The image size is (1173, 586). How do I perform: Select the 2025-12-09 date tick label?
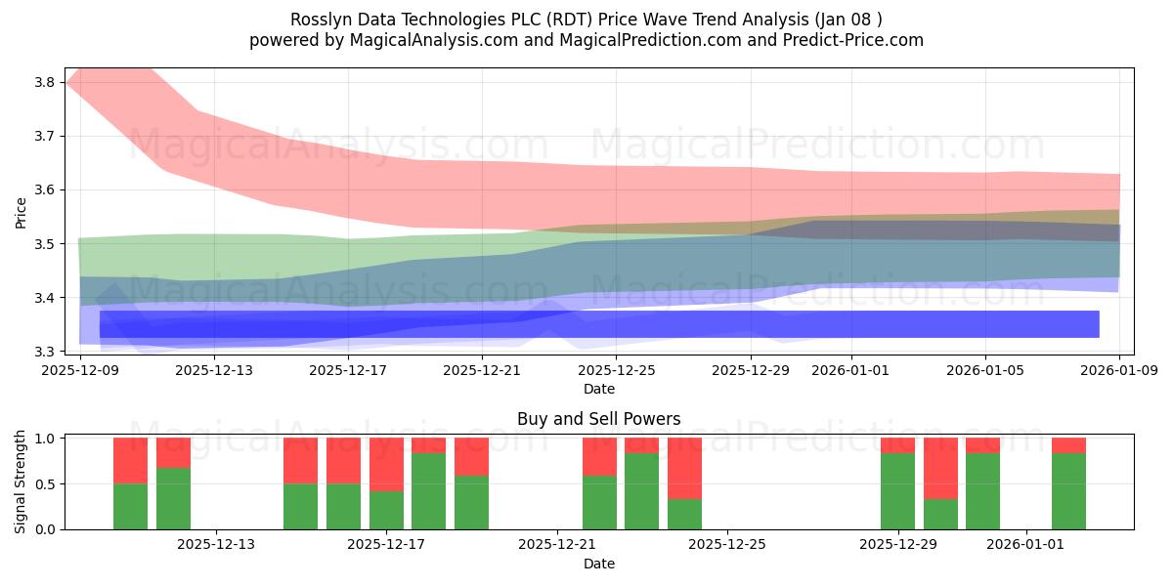tap(79, 370)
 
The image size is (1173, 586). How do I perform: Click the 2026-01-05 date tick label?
tap(984, 370)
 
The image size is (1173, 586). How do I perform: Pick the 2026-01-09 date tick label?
tap(1119, 370)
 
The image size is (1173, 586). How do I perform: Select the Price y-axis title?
tap(22, 212)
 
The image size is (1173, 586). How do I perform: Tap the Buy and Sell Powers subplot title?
tap(598, 419)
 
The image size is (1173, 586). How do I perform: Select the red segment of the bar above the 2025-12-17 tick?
tap(386, 464)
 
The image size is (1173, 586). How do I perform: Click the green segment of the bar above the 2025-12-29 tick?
tap(897, 491)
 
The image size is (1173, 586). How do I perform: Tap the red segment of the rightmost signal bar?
tap(1068, 445)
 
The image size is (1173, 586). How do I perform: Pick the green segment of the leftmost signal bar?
tap(130, 506)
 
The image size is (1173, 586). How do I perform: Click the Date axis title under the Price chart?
tap(598, 389)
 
